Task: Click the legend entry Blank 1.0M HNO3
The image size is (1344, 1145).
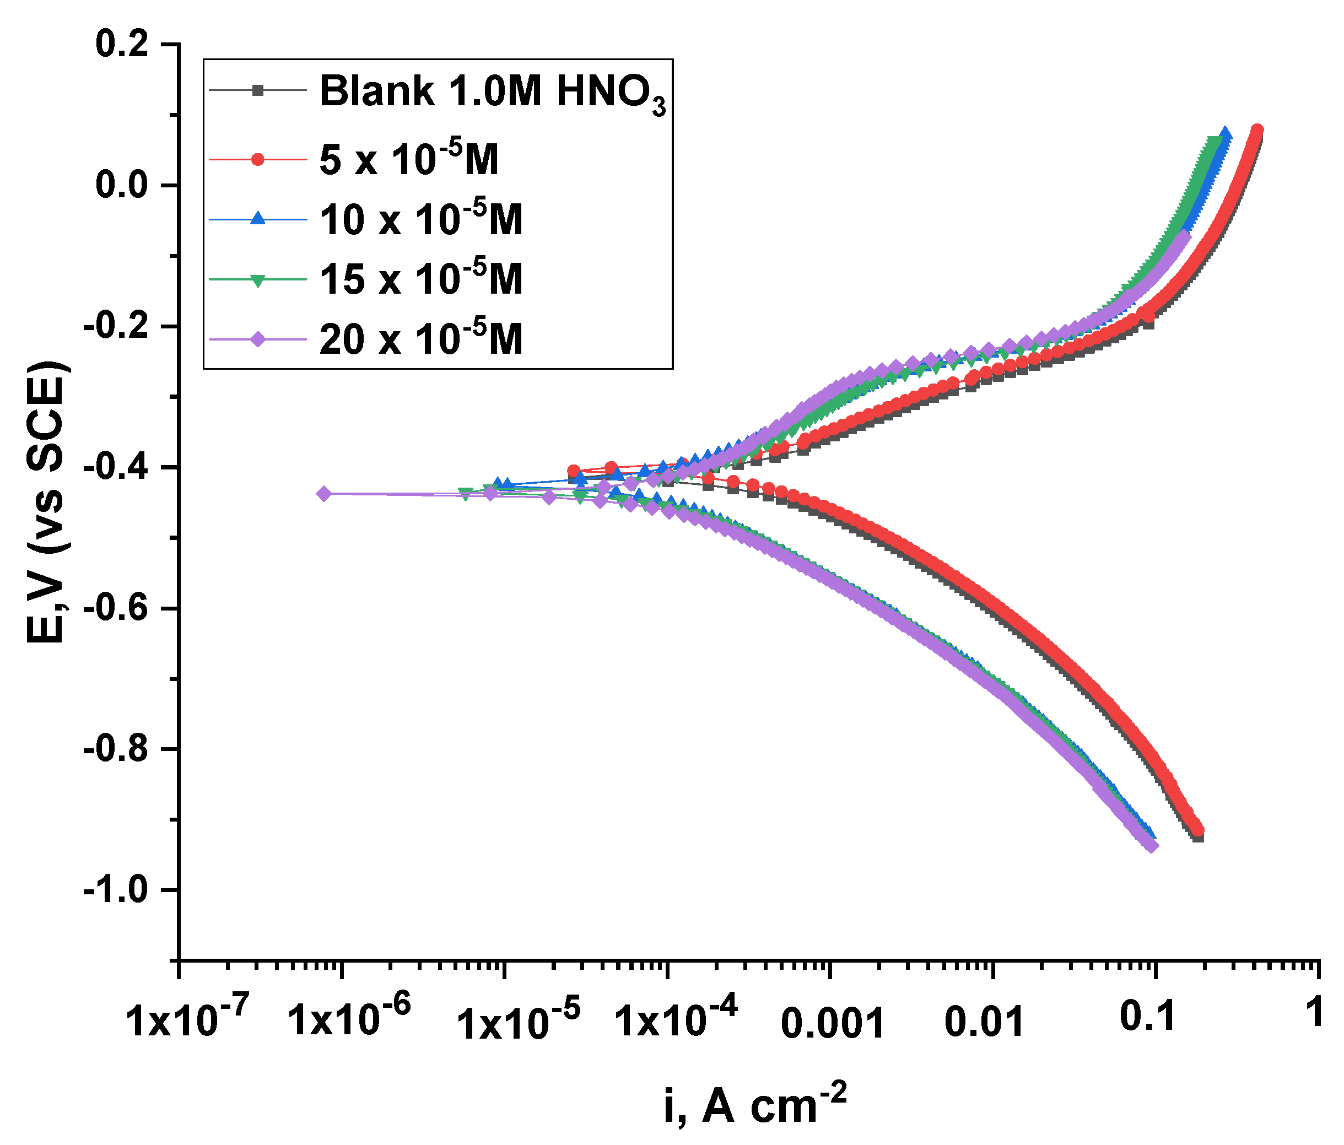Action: (x=493, y=91)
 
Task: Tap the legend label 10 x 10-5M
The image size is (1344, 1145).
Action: (x=421, y=219)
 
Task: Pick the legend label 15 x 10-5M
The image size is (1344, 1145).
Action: (x=421, y=279)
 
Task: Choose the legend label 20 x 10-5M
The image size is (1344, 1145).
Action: (x=421, y=339)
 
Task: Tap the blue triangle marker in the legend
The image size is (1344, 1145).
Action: (x=257, y=219)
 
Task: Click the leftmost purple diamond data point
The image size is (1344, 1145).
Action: (x=323, y=494)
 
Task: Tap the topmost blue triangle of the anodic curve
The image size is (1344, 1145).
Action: (x=1224, y=134)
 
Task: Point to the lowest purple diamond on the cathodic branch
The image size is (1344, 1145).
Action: (x=1152, y=846)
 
